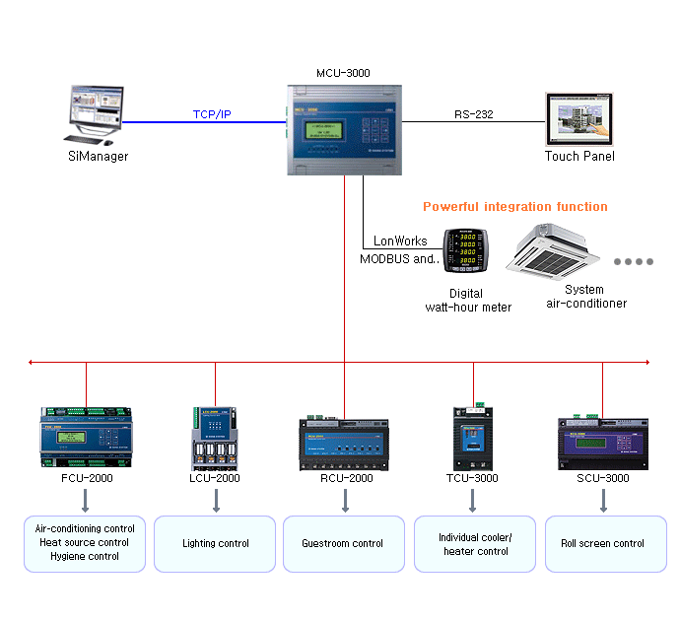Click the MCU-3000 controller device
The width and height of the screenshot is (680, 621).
click(x=344, y=129)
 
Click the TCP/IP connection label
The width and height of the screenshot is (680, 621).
click(x=212, y=115)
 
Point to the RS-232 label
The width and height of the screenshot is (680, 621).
click(x=474, y=114)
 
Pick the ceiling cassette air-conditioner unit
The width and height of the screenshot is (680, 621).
click(x=554, y=249)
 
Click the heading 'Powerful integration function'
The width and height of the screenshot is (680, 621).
click(x=514, y=207)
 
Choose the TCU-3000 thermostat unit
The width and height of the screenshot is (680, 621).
click(x=473, y=435)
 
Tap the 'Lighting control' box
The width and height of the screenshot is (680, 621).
click(x=215, y=544)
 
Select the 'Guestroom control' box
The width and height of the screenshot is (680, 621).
click(x=344, y=544)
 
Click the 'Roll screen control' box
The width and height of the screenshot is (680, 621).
click(x=602, y=544)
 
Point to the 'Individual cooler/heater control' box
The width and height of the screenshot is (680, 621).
click(x=473, y=544)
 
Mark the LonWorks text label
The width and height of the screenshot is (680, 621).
click(x=401, y=241)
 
